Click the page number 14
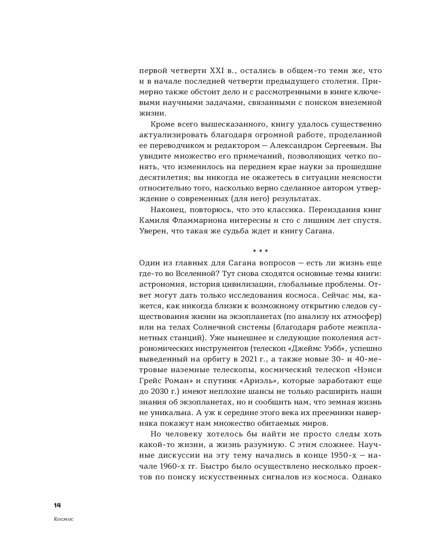point(57,505)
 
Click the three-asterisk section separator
point(261,251)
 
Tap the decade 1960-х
point(175,466)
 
